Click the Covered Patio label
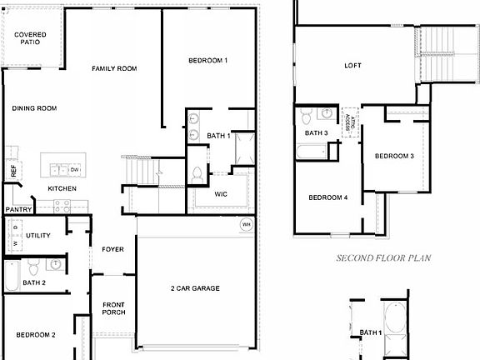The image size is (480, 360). pos(31,37)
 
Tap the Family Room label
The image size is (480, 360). pos(114,68)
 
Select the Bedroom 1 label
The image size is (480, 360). pos(207,61)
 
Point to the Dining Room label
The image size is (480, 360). pos(34,108)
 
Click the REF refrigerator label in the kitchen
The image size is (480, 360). pos(13,170)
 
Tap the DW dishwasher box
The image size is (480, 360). pos(75,170)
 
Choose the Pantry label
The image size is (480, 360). pos(17,210)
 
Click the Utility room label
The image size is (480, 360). pos(38,236)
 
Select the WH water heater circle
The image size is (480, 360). pos(247,224)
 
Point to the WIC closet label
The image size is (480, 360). pos(221,194)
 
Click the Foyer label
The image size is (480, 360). pos(112,249)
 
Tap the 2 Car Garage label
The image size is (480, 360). pos(195,288)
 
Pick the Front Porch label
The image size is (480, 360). pos(113,308)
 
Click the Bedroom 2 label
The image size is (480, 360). pos(36,335)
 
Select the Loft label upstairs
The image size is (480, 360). pos(353,67)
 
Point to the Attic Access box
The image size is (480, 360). pos(349,120)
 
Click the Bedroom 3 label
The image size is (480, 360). pos(394,156)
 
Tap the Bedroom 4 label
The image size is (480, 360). pos(328,197)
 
